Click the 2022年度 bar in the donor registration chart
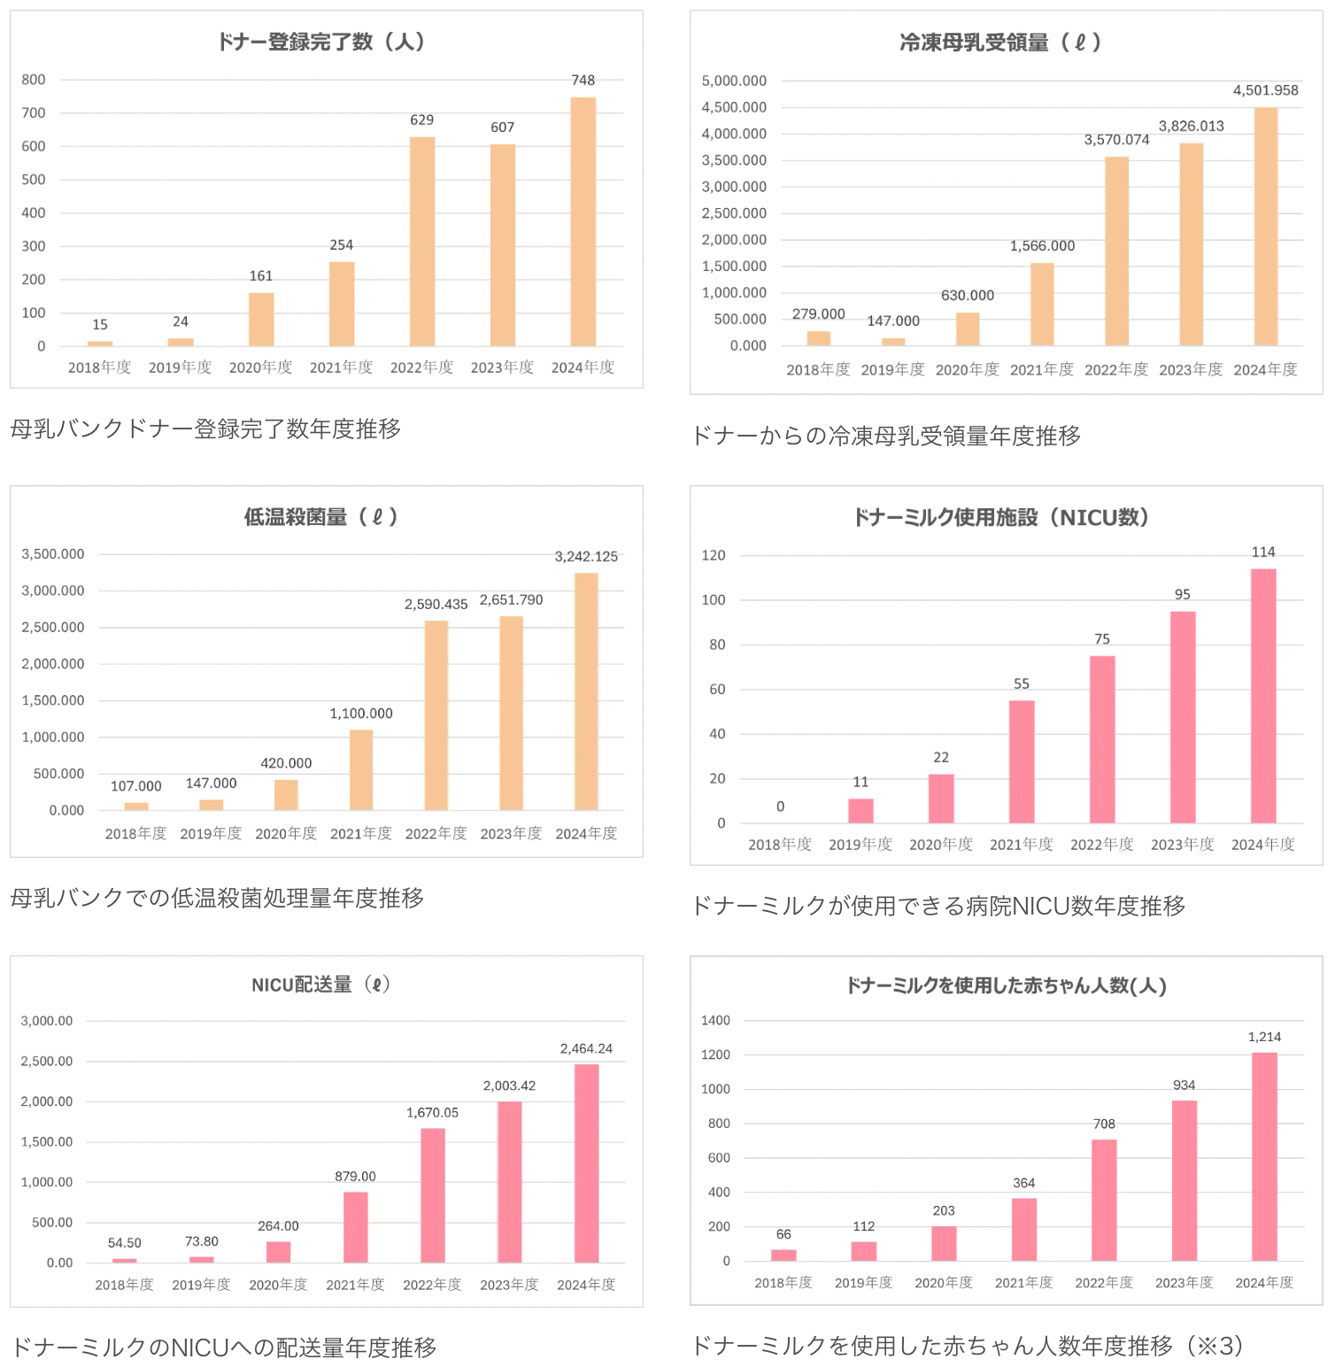(422, 241)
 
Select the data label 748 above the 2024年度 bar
(583, 81)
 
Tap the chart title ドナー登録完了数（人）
(321, 42)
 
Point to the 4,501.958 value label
(1265, 90)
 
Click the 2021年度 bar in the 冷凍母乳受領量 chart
(1042, 304)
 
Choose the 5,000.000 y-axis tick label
(734, 81)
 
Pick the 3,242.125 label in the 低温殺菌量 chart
(586, 557)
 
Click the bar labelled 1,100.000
(361, 769)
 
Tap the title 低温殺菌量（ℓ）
(321, 517)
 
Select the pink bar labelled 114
(1263, 696)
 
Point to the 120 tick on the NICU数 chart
(713, 556)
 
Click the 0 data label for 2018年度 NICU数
(780, 807)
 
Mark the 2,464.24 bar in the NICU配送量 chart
(586, 1162)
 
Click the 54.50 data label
(125, 1243)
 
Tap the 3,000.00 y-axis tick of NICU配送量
(47, 1021)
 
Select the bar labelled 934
(1184, 1180)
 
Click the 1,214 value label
(1264, 1037)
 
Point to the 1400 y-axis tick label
(715, 1021)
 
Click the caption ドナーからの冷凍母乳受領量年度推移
(885, 436)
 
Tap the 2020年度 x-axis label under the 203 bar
(944, 1283)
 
